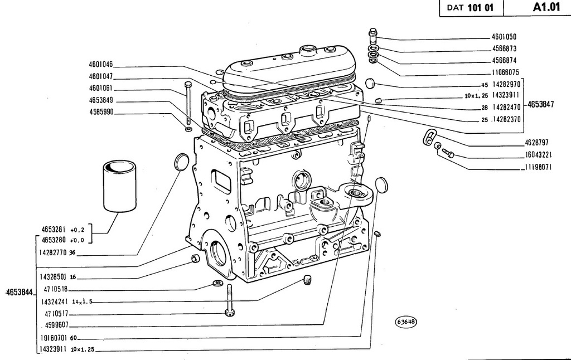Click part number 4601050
point(504,37)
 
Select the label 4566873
point(504,48)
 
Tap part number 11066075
point(505,72)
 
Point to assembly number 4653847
point(540,104)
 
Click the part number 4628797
point(536,142)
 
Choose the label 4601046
point(101,65)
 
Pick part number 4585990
point(101,112)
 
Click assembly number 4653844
point(20,292)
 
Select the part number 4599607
point(56,325)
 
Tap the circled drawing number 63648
point(406,322)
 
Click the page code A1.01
point(546,7)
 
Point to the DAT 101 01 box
point(471,8)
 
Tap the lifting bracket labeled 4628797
point(429,136)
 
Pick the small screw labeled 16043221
point(448,153)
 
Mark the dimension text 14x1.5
point(83,301)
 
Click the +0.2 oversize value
point(77,230)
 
